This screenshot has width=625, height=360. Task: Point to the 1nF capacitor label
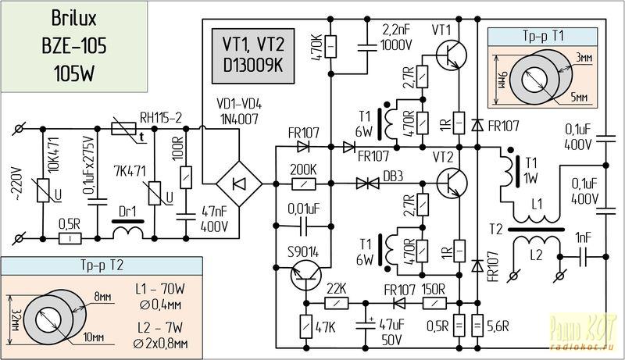click(584, 237)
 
